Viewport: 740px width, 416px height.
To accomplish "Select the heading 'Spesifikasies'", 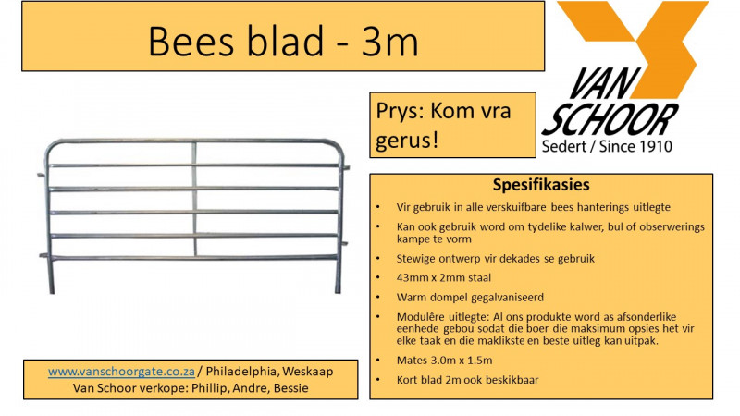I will click(x=541, y=185).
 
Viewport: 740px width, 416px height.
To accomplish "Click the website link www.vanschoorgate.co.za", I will click(x=121, y=371).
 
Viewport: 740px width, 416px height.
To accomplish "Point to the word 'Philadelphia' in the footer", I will click(x=245, y=371).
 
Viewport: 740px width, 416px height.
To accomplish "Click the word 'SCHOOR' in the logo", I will click(x=610, y=121).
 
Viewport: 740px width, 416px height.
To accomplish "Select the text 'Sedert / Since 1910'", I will click(x=607, y=147).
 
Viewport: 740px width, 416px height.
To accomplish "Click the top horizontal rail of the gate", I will click(x=185, y=142).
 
